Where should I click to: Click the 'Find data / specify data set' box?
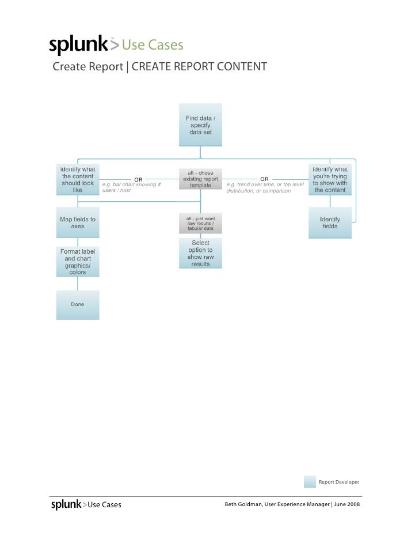coord(200,125)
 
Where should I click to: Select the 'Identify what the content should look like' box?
coord(77,179)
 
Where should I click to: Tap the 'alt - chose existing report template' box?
coord(200,179)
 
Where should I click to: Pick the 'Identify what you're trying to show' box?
coord(330,179)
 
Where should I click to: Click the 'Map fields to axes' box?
coord(77,223)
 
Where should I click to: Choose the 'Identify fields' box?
coord(330,223)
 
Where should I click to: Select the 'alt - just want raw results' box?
coord(200,224)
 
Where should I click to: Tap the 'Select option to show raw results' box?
coord(200,254)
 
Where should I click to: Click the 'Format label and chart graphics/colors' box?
coord(77,262)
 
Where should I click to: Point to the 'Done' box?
coord(77,304)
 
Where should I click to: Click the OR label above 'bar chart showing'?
coord(138,179)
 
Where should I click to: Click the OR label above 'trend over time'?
coord(264,179)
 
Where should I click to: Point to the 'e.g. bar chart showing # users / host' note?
coord(131,187)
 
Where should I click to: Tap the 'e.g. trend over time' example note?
coord(265,187)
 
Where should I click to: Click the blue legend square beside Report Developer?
coord(310,482)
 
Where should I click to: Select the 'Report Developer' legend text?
coord(339,482)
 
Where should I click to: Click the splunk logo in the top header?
coord(78,45)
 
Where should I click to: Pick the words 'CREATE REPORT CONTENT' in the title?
coord(199,67)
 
